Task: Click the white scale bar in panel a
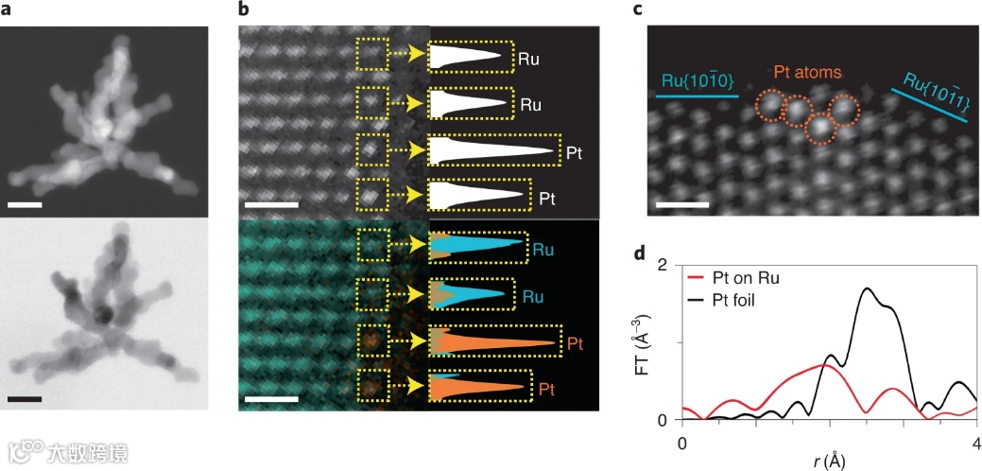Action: pos(27,202)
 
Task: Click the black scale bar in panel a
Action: pos(27,400)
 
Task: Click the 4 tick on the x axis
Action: pos(975,442)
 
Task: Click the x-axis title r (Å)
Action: pos(828,461)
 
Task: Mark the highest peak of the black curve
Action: pos(867,288)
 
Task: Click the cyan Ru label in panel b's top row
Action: pos(543,251)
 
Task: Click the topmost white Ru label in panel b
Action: pos(529,58)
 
